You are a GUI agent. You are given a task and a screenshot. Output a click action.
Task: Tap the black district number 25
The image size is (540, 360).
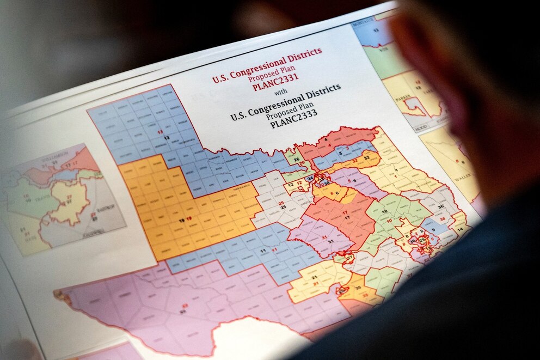pyautogui.click(x=283, y=208)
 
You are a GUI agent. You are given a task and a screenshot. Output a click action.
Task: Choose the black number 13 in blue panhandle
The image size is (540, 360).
pyautogui.click(x=167, y=137)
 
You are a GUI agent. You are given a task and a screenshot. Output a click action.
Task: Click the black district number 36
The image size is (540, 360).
pyautogui.click(x=440, y=206)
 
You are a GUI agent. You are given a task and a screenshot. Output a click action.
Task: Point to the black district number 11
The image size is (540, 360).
pyautogui.click(x=263, y=251)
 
